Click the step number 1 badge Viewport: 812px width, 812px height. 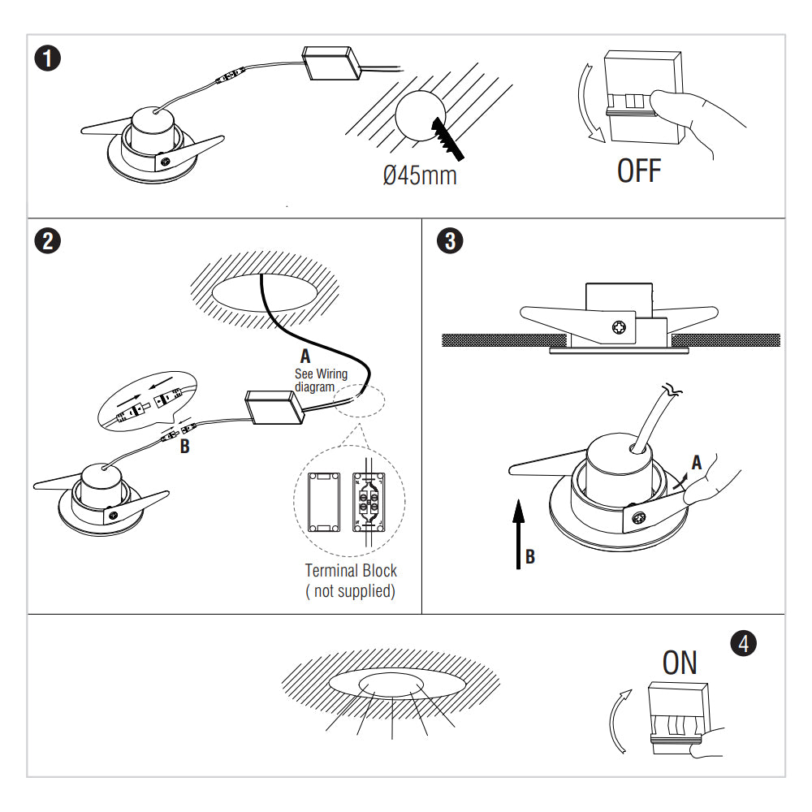coord(50,59)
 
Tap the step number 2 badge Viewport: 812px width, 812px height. coord(50,241)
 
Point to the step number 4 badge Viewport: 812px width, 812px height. coord(744,643)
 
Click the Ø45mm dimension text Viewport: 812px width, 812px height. coord(419,175)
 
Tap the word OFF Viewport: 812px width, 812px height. coord(639,171)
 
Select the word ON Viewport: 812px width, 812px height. coord(680,663)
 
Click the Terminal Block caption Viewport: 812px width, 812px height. coord(351,571)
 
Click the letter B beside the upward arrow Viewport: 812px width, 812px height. coord(529,557)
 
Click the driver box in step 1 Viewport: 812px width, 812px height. coord(333,63)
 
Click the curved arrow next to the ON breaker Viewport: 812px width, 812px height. coord(620,719)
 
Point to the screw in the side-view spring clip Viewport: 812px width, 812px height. coord(619,328)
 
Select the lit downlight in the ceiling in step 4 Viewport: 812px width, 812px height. coord(391,685)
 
